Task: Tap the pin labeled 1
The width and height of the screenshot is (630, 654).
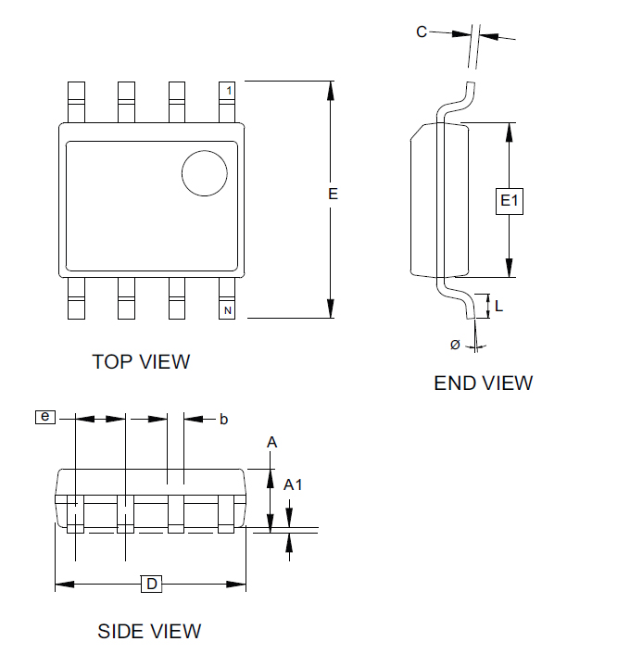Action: tap(227, 102)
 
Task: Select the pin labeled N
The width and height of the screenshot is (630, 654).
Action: tap(227, 298)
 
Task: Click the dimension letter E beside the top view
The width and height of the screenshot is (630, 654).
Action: tap(333, 194)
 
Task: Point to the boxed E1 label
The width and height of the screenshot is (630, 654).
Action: tap(510, 201)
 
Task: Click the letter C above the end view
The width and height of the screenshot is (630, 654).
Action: tap(422, 32)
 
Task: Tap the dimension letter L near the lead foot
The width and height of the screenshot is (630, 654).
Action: tap(499, 307)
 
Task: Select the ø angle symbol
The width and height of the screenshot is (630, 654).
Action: tap(455, 345)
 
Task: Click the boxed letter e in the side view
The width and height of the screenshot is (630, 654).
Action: tap(45, 417)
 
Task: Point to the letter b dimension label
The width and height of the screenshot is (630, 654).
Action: tap(223, 420)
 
